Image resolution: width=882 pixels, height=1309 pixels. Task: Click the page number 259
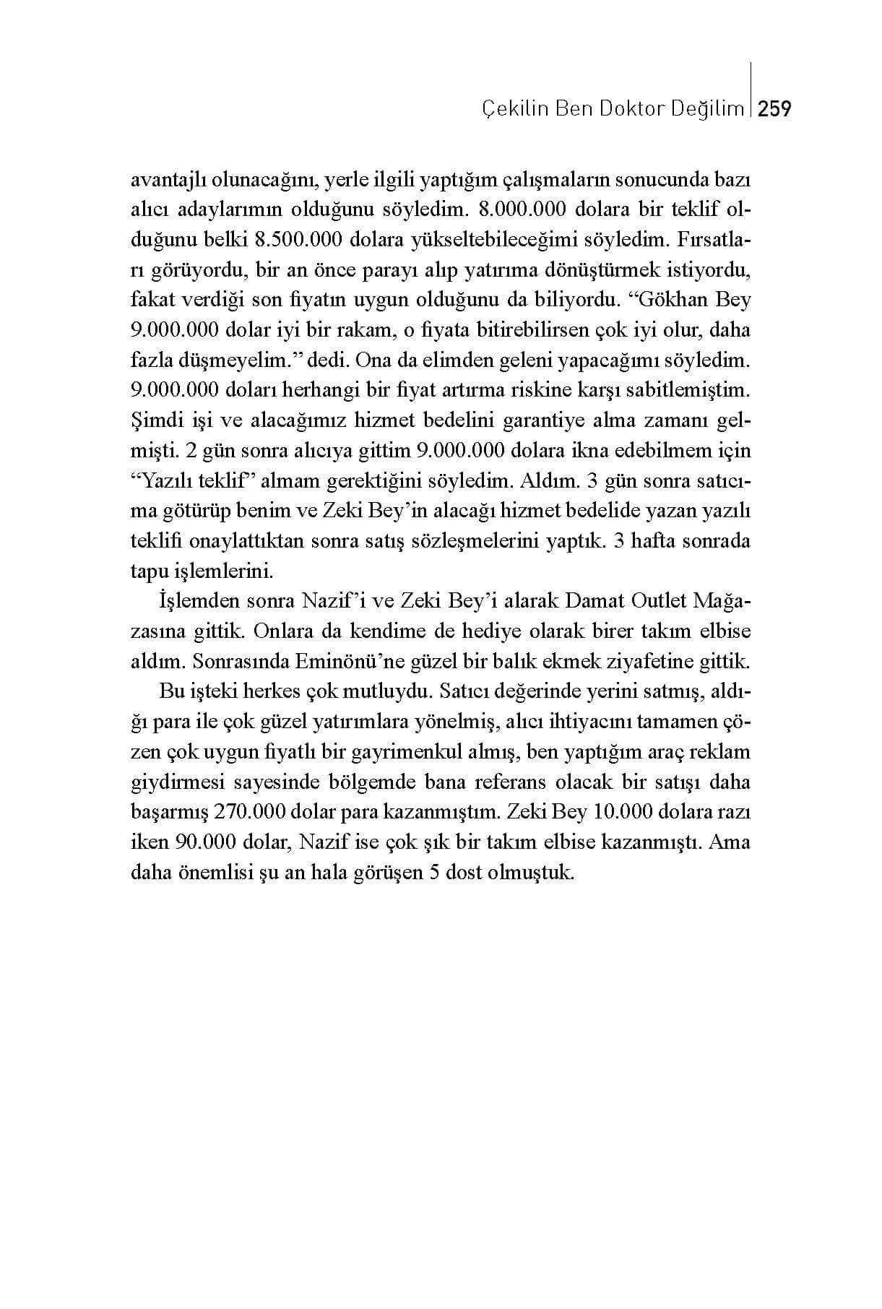coord(775,109)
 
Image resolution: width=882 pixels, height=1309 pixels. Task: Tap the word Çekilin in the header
coord(506,109)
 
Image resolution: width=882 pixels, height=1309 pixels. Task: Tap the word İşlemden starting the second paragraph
coord(193,600)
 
